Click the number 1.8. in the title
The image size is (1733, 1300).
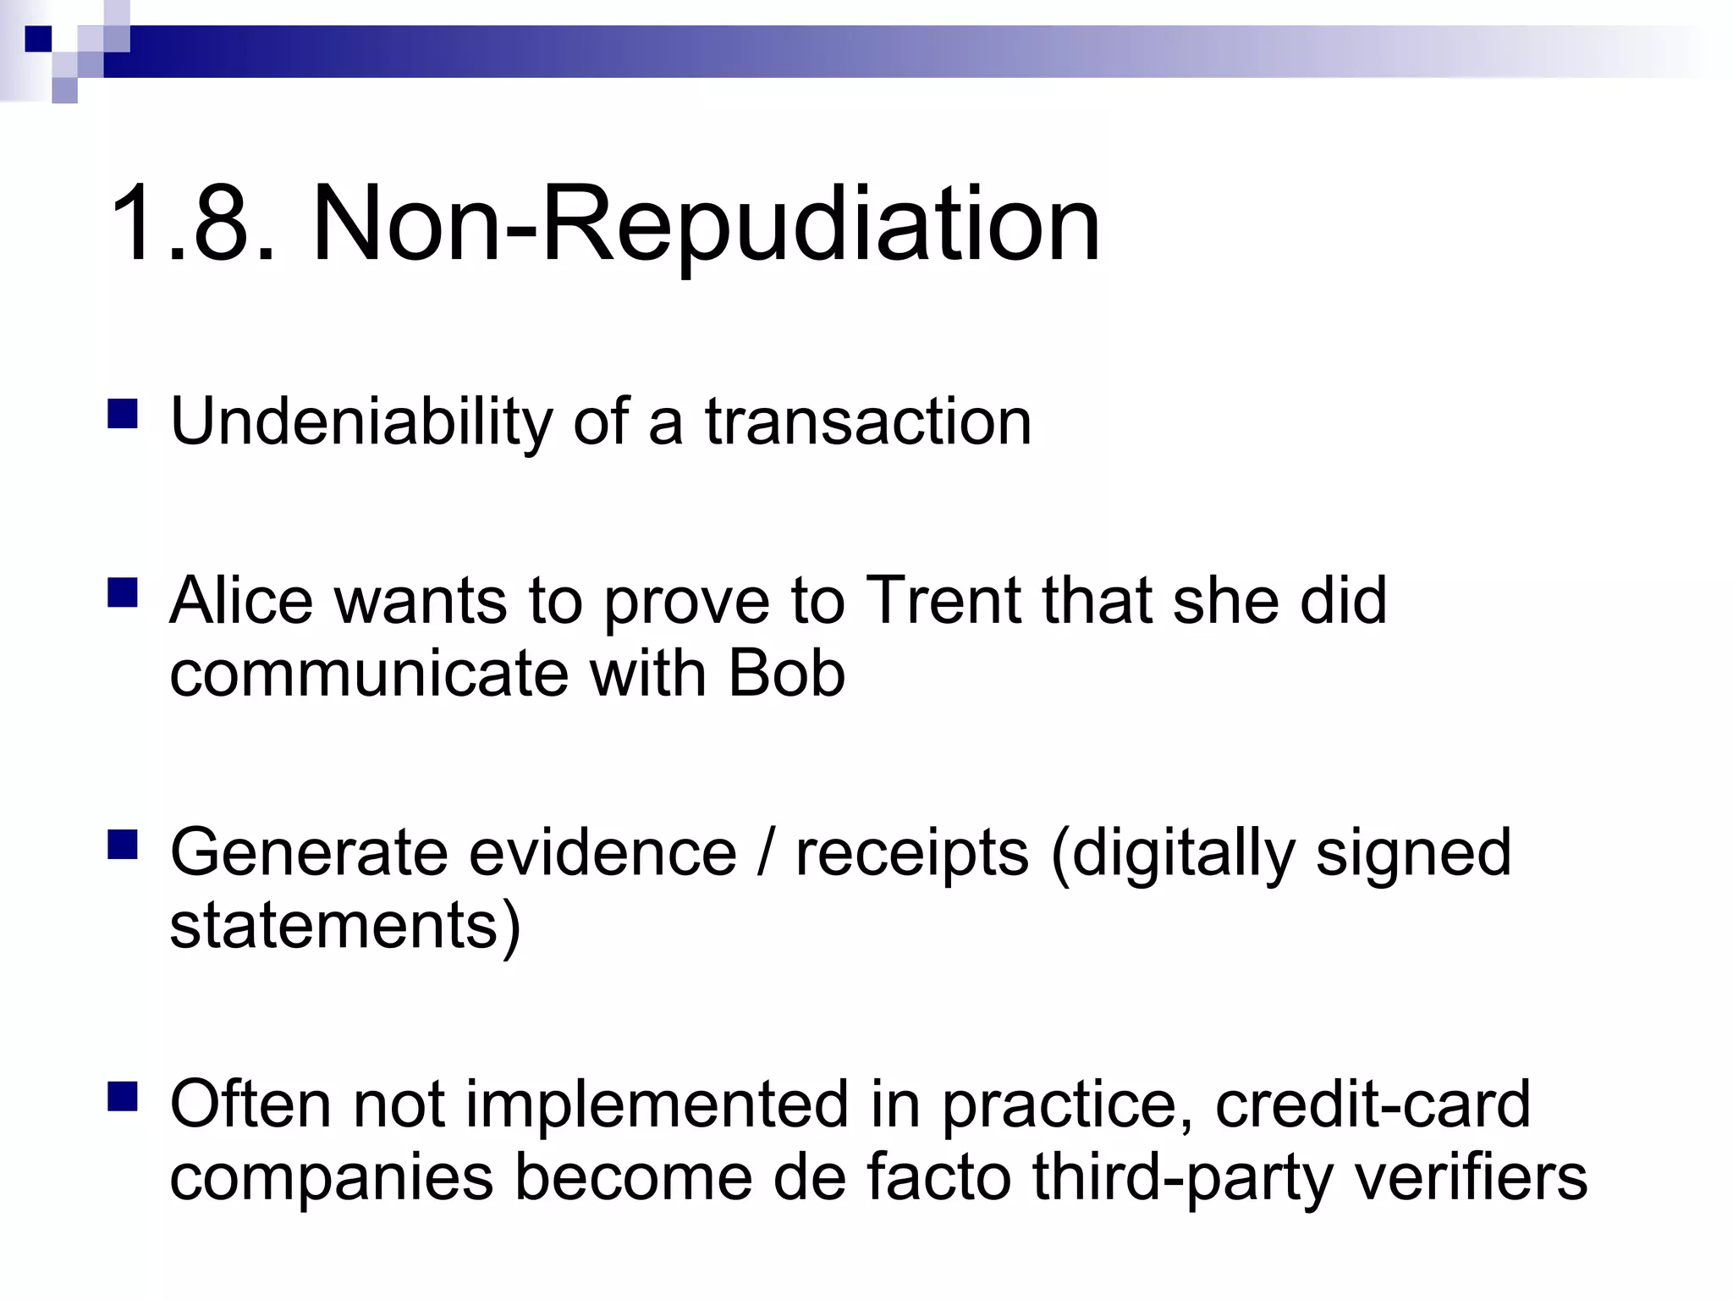click(193, 225)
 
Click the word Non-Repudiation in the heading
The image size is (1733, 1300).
click(707, 225)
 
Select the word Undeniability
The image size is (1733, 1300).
click(360, 422)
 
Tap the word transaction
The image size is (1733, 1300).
click(868, 422)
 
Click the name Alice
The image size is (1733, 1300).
click(241, 601)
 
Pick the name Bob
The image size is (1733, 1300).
click(786, 675)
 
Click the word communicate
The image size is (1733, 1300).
click(369, 675)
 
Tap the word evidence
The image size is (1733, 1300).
click(603, 852)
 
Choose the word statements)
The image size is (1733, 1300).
click(344, 927)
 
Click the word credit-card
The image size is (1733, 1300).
click(1373, 1104)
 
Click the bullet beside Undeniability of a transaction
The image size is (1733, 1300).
click(124, 415)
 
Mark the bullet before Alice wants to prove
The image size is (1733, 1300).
click(124, 593)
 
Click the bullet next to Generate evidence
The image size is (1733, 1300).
click(124, 845)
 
